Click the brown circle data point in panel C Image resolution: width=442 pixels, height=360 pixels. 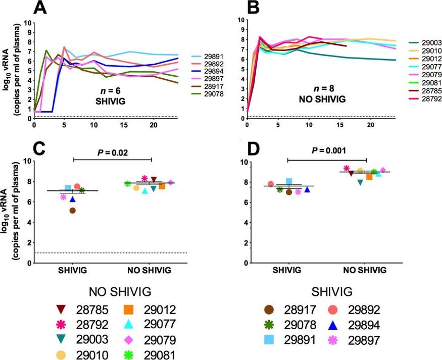pyautogui.click(x=73, y=211)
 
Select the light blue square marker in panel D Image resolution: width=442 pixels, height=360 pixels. pyautogui.click(x=289, y=181)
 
